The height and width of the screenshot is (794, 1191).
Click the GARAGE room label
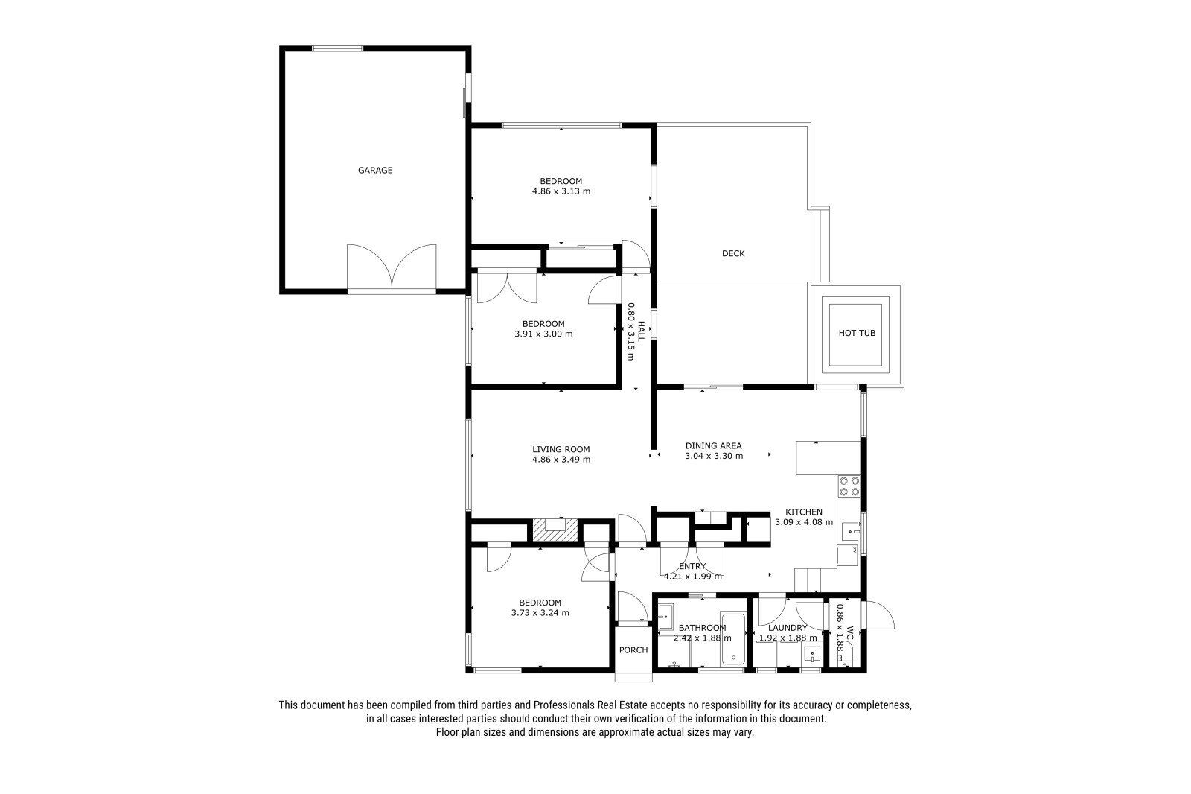coord(375,171)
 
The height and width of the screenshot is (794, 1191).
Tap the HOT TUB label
coord(857,333)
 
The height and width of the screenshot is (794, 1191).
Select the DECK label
coord(733,254)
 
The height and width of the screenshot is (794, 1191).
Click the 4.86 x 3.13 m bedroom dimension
coord(561,191)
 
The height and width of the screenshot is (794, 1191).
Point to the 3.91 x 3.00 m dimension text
coord(543,334)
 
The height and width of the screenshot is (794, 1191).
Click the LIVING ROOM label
coord(561,449)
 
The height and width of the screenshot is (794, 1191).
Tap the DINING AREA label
coord(714,446)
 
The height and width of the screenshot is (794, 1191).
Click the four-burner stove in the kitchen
coord(849,486)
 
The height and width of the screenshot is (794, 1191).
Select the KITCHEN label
coord(804,512)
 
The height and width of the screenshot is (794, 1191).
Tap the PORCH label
coord(633,650)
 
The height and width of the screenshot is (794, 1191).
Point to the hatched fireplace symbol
coord(555,531)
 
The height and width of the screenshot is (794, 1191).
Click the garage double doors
coord(392,267)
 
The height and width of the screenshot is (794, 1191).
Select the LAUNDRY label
coord(788,628)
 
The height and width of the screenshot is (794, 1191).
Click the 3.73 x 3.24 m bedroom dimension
coord(540,613)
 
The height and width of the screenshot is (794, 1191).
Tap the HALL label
coord(641,331)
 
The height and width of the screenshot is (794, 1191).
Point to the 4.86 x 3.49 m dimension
coord(561,460)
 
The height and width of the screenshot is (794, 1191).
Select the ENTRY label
coord(692,566)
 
